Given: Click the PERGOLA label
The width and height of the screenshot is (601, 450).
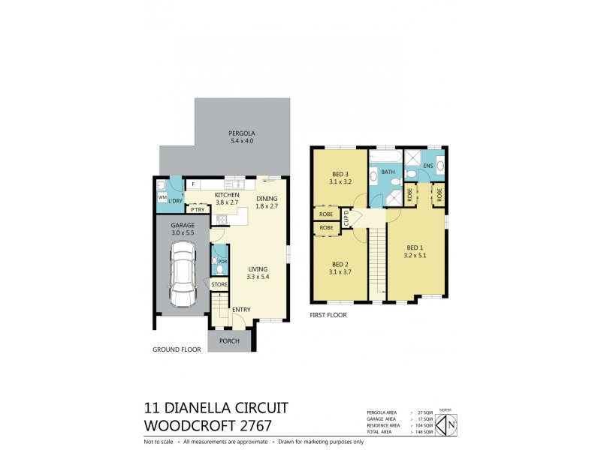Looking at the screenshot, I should coord(241,133).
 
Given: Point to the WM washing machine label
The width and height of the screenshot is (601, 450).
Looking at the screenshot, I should coord(162,198).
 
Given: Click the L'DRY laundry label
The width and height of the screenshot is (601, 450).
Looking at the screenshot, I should coord(176,202).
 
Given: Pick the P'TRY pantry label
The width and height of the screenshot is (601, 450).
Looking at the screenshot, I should coord(198,210).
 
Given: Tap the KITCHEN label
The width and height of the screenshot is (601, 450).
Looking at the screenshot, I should coord(206,194).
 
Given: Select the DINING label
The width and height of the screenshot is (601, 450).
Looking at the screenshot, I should coord(267,198).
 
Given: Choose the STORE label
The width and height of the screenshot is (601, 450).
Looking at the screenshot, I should coord(219,285).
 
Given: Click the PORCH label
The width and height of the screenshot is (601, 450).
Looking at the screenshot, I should coord(229,340).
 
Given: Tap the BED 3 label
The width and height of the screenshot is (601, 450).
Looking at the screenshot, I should coord(340,174).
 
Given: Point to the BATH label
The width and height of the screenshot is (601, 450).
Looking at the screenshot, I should coord(388,172).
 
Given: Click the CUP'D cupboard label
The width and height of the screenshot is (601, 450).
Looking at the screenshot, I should coord(346,219).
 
